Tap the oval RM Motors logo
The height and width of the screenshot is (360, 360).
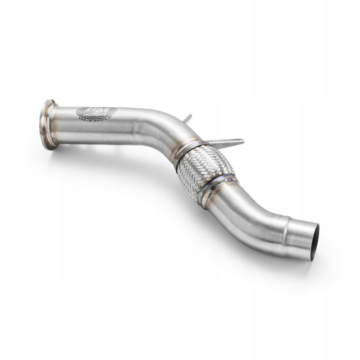(x=96, y=112)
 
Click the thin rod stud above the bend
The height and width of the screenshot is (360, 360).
(x=188, y=118)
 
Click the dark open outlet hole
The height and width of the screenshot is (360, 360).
(x=315, y=243)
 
